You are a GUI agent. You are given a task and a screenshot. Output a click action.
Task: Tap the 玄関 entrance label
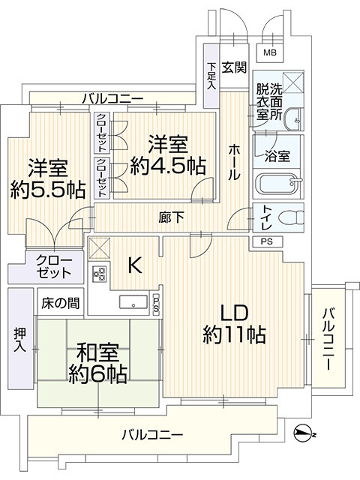(234, 67)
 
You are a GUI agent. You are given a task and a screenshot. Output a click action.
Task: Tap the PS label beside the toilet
(268, 241)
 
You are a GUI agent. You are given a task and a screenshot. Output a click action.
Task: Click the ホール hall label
(234, 162)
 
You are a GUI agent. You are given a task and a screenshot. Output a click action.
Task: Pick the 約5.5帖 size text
(46, 189)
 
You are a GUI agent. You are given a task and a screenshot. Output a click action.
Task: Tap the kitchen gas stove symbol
(98, 274)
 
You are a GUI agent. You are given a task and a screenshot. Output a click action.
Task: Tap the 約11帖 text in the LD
(233, 335)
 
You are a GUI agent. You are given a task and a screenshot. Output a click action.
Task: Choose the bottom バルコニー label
(152, 433)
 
